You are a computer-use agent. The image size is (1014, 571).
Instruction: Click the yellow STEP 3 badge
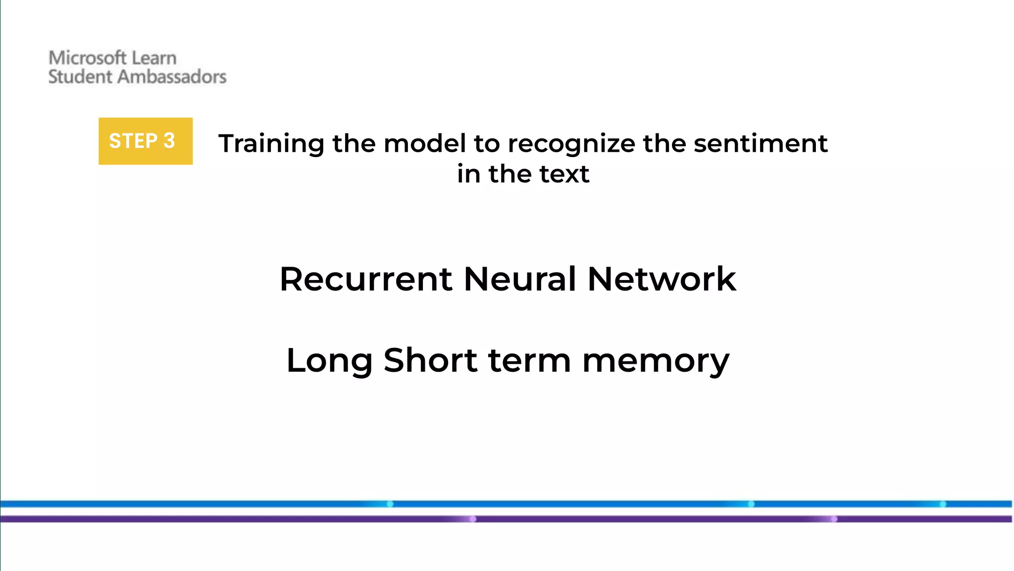click(145, 141)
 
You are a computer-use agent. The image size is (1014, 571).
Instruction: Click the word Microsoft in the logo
click(87, 58)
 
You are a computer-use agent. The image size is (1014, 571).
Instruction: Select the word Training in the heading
click(271, 144)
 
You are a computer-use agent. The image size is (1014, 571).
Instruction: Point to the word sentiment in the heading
click(760, 144)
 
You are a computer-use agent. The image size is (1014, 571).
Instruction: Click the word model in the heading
click(424, 144)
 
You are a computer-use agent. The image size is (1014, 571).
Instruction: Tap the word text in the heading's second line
click(564, 174)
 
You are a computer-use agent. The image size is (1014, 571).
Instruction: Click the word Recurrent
click(365, 279)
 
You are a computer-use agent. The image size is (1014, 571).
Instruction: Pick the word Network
click(661, 279)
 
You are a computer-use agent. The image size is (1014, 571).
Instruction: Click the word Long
click(329, 360)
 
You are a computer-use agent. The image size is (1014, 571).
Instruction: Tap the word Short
click(430, 360)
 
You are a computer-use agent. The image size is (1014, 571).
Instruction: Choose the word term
click(529, 360)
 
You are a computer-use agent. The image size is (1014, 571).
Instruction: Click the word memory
click(656, 360)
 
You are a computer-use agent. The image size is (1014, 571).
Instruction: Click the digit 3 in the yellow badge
click(169, 141)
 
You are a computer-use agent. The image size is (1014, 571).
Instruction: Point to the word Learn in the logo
click(154, 58)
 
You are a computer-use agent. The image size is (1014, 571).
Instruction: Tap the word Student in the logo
click(80, 77)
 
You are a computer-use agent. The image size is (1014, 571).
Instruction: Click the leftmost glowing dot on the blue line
click(390, 504)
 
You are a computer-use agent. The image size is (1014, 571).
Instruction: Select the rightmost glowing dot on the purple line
click(834, 519)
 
